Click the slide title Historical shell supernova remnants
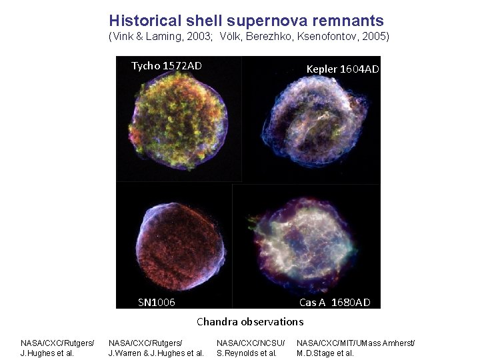(x=246, y=21)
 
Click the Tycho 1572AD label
(x=166, y=65)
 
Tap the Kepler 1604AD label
(x=343, y=69)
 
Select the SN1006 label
(x=157, y=302)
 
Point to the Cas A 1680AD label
(x=335, y=302)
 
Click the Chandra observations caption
(x=250, y=321)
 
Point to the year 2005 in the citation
(x=376, y=37)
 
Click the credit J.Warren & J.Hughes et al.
(x=156, y=353)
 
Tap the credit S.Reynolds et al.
(x=247, y=353)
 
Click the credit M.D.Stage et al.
(x=325, y=353)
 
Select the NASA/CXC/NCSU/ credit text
(x=251, y=343)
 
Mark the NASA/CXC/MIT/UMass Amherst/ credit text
(x=355, y=343)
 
